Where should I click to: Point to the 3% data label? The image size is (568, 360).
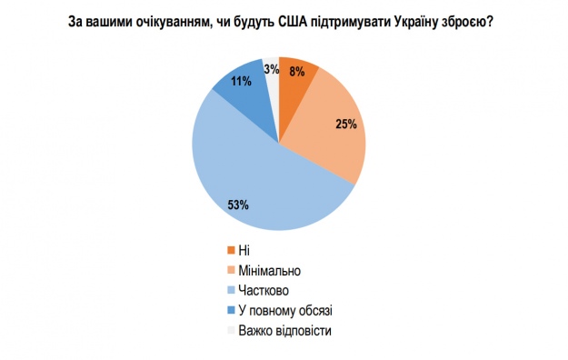click(x=271, y=66)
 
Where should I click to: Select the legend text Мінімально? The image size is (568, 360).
click(x=269, y=270)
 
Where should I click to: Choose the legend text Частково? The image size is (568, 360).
click(x=263, y=290)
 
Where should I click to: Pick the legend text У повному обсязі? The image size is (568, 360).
click(x=285, y=310)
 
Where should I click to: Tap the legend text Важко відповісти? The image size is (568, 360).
click(x=284, y=330)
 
